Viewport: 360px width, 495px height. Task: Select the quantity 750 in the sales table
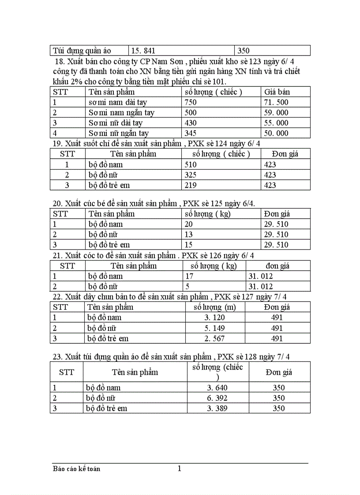(x=191, y=102)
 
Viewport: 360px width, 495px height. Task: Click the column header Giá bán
(x=277, y=92)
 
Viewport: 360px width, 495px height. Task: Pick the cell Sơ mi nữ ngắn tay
(x=119, y=133)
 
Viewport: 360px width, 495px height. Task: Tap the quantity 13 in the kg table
(x=189, y=234)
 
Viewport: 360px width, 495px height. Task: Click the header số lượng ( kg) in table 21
(x=214, y=266)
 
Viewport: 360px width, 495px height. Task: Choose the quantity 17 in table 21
(x=190, y=276)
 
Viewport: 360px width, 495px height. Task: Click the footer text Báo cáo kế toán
(x=76, y=469)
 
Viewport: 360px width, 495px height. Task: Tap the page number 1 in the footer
(x=179, y=469)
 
